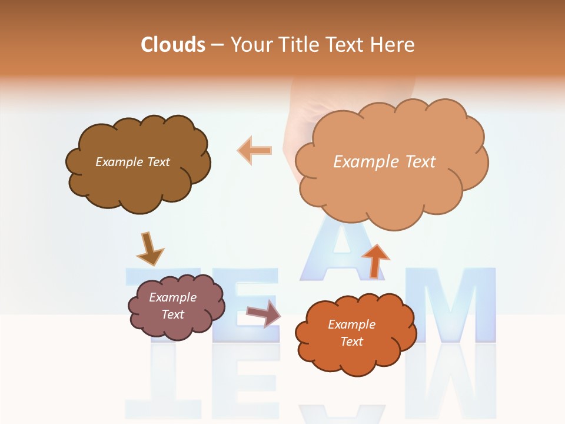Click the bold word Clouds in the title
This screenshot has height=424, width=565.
click(x=174, y=45)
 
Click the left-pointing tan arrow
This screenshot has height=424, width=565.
click(x=255, y=150)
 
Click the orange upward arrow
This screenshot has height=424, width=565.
click(x=375, y=260)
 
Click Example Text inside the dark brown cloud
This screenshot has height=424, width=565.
click(x=132, y=162)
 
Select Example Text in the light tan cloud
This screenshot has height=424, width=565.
click(x=384, y=162)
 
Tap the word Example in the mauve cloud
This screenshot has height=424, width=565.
click(x=172, y=297)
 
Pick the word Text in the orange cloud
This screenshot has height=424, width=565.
click(x=351, y=342)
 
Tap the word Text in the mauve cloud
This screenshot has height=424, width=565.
click(x=172, y=314)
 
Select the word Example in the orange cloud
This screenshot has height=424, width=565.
click(x=351, y=324)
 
